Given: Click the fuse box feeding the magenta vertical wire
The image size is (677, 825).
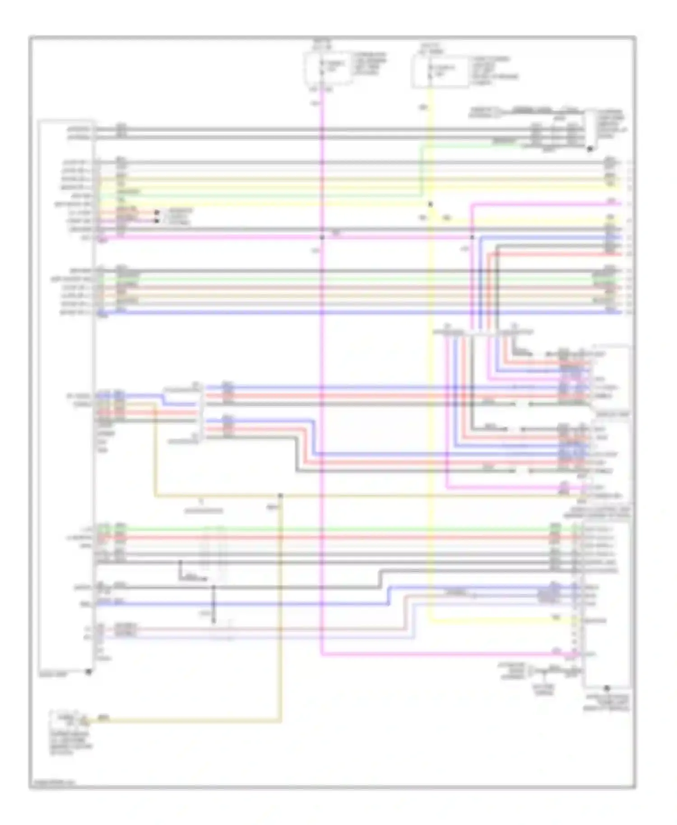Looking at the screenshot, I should tap(328, 68).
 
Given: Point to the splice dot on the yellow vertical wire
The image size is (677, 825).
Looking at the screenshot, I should tap(430, 204).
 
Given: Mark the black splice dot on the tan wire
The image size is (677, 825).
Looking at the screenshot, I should tap(280, 496).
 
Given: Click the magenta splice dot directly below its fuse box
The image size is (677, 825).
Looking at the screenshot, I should tap(322, 237).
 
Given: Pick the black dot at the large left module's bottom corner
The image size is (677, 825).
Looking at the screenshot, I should tap(89, 672).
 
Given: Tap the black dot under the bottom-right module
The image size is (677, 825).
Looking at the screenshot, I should tap(607, 688).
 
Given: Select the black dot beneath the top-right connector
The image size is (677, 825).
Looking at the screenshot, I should tap(589, 149).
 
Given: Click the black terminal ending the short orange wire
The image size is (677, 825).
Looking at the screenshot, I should tap(157, 212).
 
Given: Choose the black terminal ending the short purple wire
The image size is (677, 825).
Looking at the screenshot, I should tap(157, 221).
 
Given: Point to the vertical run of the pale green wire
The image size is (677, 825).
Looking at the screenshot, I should tap(421, 169).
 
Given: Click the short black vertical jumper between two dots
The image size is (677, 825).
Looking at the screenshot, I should tap(214, 605).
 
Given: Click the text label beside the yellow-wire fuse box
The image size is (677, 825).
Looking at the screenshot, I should tap(495, 71).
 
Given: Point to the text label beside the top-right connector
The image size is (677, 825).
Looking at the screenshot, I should tap(612, 124).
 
